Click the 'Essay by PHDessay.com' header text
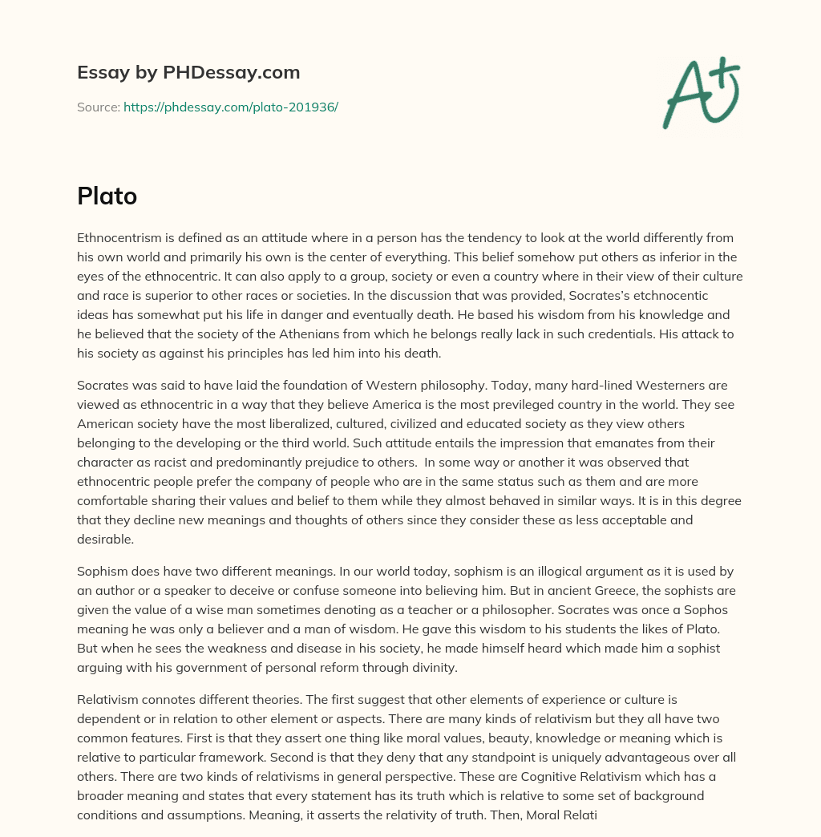click(x=188, y=72)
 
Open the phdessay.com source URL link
click(x=231, y=107)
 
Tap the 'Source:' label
click(x=98, y=107)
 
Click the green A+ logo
click(x=701, y=93)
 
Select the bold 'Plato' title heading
click(x=107, y=196)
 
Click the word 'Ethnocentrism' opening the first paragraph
click(x=116, y=238)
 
